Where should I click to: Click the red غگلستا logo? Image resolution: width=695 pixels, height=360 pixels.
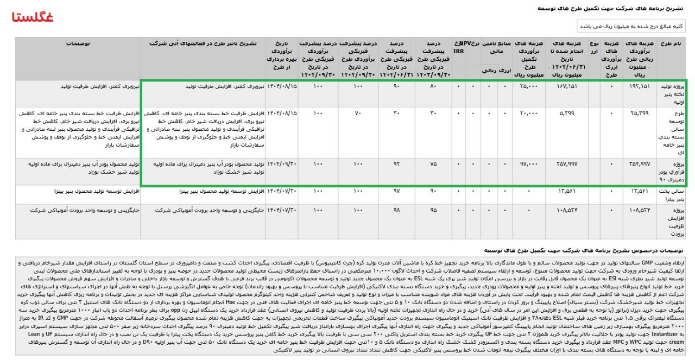pyautogui.click(x=33, y=17)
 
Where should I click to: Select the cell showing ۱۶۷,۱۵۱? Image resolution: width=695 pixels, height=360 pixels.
pyautogui.click(x=566, y=86)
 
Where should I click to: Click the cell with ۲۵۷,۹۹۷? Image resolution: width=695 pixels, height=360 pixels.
pyautogui.click(x=566, y=164)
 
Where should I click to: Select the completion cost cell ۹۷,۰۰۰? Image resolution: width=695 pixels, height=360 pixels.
pyautogui.click(x=529, y=164)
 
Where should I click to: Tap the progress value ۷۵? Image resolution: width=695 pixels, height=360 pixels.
pyautogui.click(x=432, y=164)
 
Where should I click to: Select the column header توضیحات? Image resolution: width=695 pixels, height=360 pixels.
pyautogui.click(x=78, y=43)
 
